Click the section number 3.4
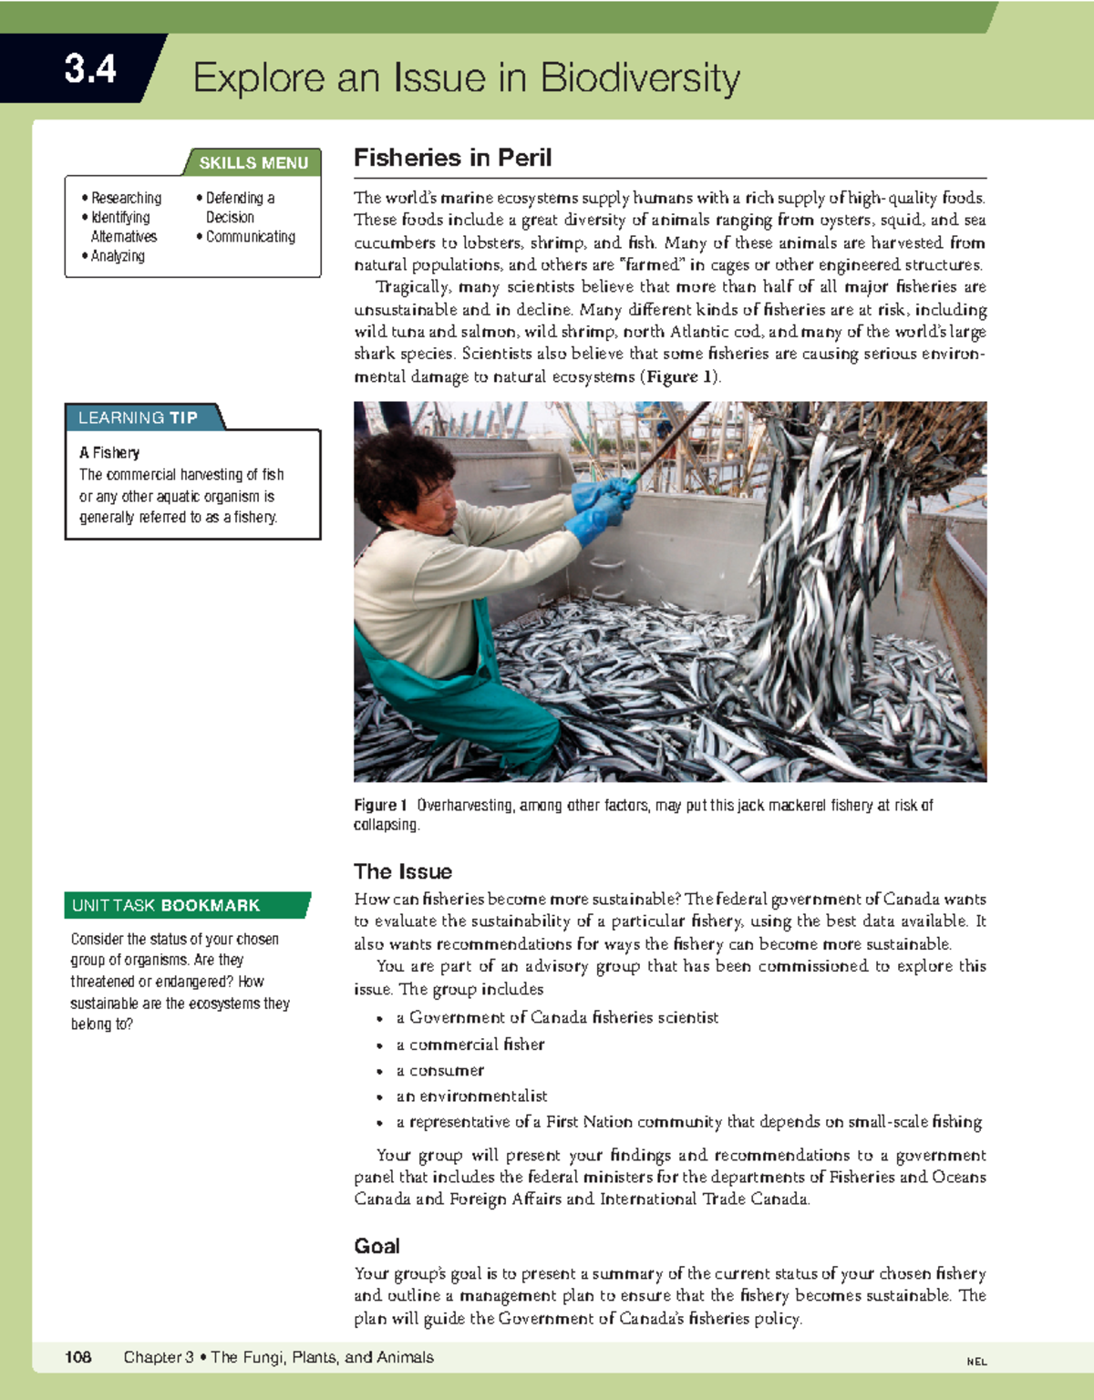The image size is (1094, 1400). click(89, 69)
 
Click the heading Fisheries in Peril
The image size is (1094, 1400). click(452, 158)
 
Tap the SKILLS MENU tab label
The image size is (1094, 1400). click(253, 163)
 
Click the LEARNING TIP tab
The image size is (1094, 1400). click(138, 417)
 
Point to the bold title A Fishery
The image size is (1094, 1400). click(109, 452)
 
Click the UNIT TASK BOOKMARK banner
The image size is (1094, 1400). click(166, 905)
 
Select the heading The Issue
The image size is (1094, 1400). click(403, 870)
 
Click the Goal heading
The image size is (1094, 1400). click(377, 1245)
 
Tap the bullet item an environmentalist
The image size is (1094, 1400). click(471, 1096)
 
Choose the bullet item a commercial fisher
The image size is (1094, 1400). click(470, 1045)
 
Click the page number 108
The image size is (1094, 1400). click(78, 1357)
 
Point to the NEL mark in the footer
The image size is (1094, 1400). click(976, 1362)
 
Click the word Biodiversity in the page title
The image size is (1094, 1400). click(640, 78)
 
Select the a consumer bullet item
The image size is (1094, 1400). click(439, 1070)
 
